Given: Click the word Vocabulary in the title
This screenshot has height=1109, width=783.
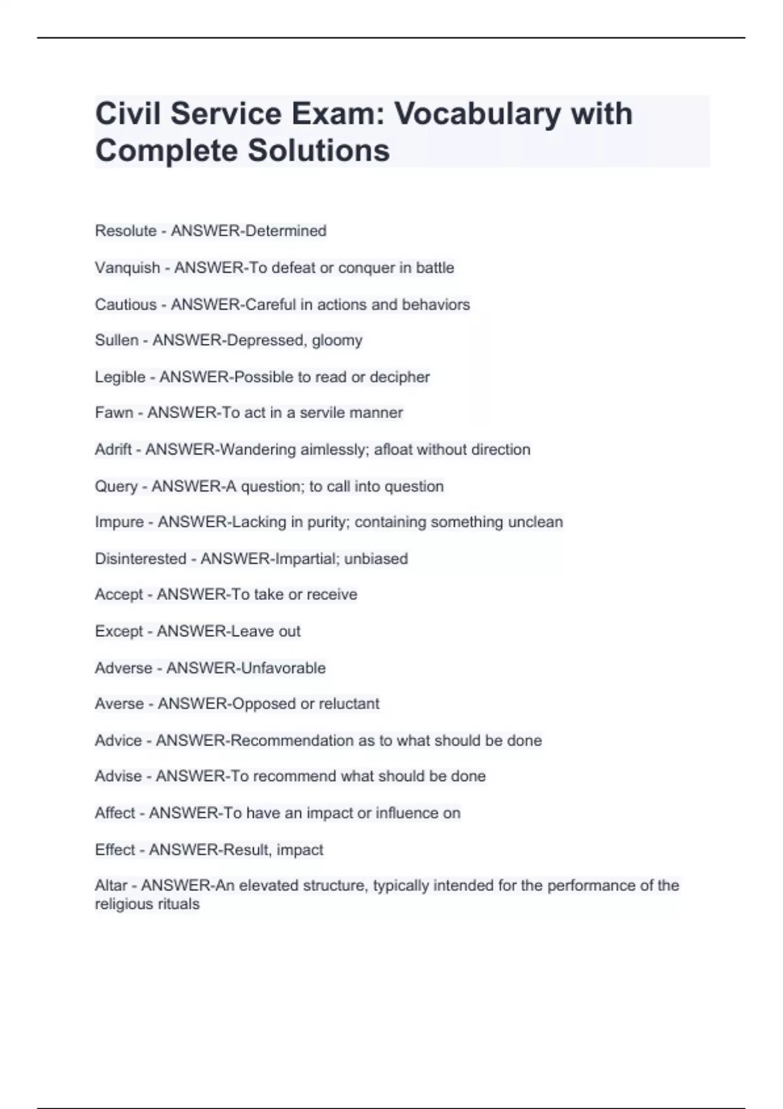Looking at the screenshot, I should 477,114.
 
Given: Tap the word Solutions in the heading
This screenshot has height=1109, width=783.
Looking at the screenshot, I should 318,151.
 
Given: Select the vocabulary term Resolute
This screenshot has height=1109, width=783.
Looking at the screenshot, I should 125,231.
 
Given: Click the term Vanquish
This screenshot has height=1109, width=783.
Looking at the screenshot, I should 127,268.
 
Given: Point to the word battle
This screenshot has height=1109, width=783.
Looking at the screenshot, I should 435,268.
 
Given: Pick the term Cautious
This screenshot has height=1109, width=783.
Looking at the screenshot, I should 125,305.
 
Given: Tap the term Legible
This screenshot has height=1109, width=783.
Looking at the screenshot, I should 120,377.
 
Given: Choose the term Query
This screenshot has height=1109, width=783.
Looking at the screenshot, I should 116,487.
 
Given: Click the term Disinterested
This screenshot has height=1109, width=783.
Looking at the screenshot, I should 140,559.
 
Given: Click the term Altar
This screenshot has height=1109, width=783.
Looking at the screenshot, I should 111,886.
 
